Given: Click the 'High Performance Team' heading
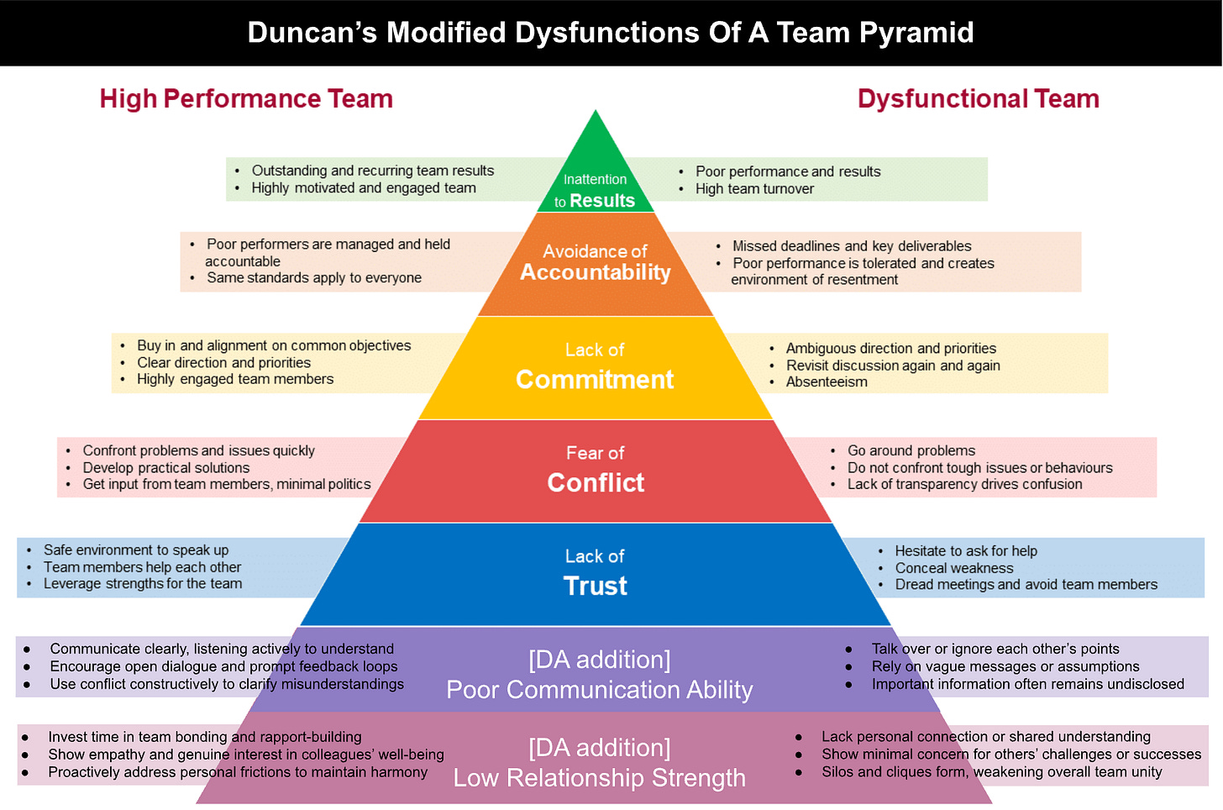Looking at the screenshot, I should click(x=246, y=99).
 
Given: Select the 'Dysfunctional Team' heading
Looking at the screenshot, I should click(x=978, y=99).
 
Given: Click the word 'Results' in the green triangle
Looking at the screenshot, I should click(x=602, y=201).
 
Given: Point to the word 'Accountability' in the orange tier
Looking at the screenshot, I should click(x=595, y=272).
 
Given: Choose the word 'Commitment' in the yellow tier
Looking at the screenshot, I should click(x=595, y=380).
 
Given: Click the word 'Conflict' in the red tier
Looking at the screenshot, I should click(x=596, y=483).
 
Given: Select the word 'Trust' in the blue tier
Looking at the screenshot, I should click(x=596, y=586).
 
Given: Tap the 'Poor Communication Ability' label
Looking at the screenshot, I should click(x=600, y=690).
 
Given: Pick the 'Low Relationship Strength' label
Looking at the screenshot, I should click(x=600, y=778).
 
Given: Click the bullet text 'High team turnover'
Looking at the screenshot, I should click(x=754, y=189).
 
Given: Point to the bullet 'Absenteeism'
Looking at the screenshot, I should click(x=827, y=382).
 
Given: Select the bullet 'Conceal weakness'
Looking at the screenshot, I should click(x=954, y=568).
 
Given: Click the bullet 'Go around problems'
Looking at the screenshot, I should click(x=911, y=451).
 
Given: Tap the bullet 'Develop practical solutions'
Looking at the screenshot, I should click(x=166, y=468).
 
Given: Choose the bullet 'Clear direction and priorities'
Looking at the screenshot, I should click(x=224, y=363).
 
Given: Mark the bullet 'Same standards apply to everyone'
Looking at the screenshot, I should click(x=314, y=278).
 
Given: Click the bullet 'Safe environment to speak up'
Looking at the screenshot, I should click(x=136, y=550).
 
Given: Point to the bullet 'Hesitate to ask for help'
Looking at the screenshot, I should click(x=966, y=551).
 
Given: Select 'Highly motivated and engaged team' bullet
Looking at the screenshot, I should click(x=364, y=188).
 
